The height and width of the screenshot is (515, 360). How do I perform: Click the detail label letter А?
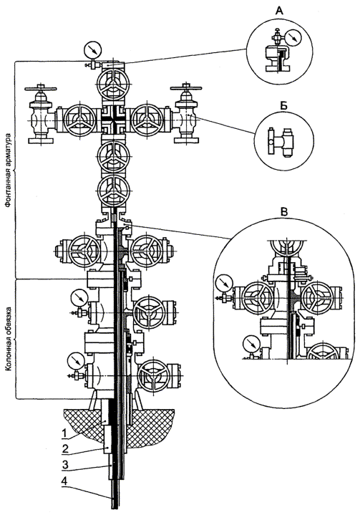pos(279,11)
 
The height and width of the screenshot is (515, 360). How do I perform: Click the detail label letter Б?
pos(284,106)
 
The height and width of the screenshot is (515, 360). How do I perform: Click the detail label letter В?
pos(284,212)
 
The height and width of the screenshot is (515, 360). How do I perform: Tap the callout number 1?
pos(64,433)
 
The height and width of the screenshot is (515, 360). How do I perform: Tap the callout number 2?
pos(65,448)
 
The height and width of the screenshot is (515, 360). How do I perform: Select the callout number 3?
pos(65,465)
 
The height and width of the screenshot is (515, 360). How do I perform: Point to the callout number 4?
pos(65,481)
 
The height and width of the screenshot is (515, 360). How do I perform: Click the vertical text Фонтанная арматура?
pos(9,170)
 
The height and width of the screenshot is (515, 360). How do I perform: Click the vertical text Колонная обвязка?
pos(9,339)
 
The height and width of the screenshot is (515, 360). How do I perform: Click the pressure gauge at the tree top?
pos(93,50)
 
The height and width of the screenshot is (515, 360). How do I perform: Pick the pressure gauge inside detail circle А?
pos(293,38)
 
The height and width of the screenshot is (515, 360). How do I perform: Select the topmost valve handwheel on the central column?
pos(114,83)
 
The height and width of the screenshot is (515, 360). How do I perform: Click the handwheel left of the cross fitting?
pos(80,120)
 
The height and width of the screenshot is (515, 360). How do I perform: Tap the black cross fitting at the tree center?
pos(114,120)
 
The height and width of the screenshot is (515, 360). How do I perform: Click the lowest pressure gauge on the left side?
pos(76,361)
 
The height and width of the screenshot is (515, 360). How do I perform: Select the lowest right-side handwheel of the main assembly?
pos(154,376)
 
